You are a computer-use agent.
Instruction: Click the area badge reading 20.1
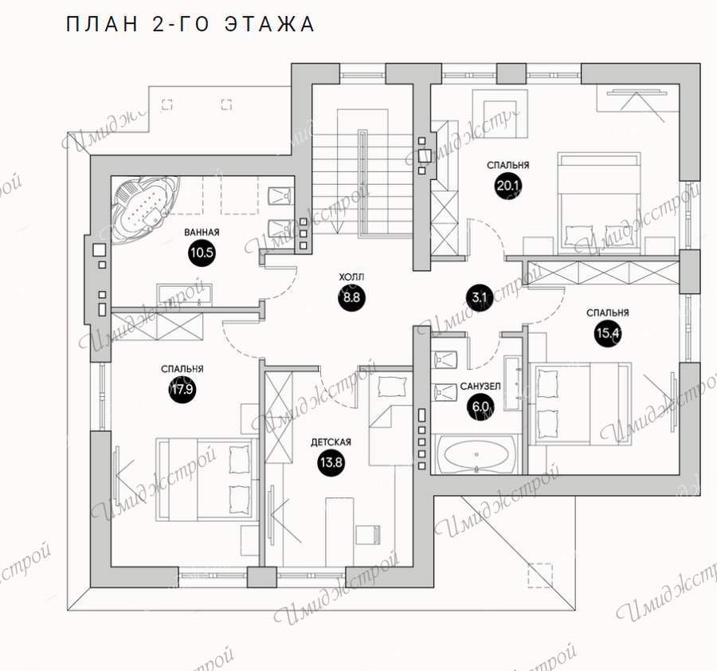(508, 185)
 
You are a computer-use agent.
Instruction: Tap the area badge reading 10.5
(202, 253)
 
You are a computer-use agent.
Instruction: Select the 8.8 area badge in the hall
(351, 298)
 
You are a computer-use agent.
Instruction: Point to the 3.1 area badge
(479, 298)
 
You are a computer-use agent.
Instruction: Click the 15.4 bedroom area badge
(608, 333)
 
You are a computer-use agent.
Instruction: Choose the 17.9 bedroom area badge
(182, 389)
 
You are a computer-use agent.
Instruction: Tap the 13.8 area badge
(331, 462)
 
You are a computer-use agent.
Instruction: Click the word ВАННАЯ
(202, 233)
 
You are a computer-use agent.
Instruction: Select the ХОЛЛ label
(351, 277)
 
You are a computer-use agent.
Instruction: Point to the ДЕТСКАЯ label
(331, 442)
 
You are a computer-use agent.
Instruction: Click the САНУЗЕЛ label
(480, 387)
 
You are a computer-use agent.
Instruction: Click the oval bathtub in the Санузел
(476, 455)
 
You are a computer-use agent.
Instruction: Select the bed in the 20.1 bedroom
(598, 203)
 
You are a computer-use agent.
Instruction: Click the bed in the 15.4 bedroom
(580, 403)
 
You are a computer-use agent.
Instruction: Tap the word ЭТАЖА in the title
(270, 24)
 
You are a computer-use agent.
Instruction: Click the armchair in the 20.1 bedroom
(500, 113)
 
